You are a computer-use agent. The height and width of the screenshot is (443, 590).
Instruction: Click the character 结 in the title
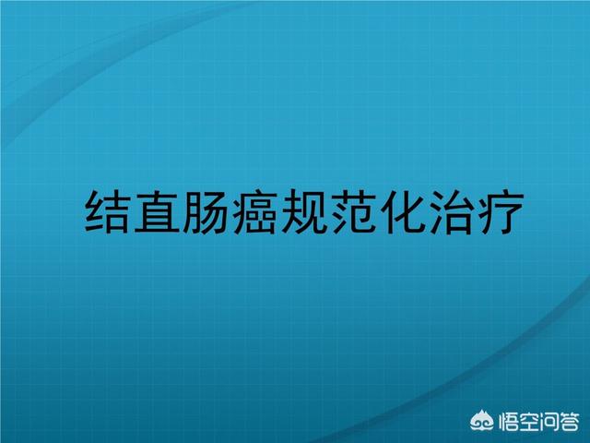click(x=107, y=212)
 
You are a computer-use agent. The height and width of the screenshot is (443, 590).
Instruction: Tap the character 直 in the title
click(x=156, y=212)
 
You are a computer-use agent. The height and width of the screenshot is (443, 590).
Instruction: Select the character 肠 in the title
click(x=206, y=212)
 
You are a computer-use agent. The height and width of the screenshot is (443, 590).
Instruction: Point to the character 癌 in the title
click(x=255, y=212)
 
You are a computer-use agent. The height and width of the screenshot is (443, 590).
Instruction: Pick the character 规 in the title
click(x=304, y=212)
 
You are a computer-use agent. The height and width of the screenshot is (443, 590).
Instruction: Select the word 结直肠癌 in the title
click(x=181, y=212)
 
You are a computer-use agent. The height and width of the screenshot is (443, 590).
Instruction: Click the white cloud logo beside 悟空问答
click(x=482, y=421)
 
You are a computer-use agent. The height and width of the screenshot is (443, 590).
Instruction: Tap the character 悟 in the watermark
click(x=508, y=422)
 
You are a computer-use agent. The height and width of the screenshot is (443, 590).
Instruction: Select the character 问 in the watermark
click(x=549, y=422)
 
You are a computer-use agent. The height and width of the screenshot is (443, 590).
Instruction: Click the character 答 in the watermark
click(x=569, y=422)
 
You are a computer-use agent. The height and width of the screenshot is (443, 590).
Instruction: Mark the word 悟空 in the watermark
click(x=518, y=422)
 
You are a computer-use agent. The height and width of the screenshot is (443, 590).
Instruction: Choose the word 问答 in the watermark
click(x=559, y=422)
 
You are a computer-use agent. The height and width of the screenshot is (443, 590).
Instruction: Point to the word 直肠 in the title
click(x=181, y=212)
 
